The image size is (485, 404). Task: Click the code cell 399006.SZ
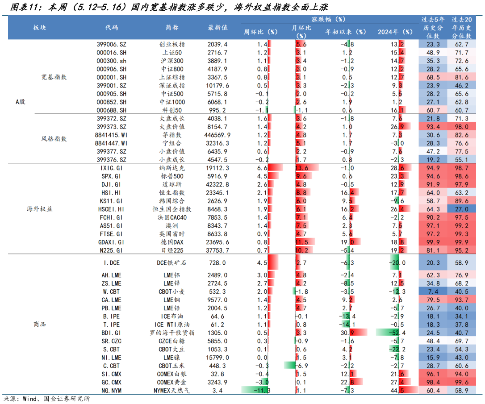(112, 44)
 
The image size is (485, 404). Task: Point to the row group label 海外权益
(40, 209)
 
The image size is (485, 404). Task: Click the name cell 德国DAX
(172, 242)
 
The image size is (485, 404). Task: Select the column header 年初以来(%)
(346, 32)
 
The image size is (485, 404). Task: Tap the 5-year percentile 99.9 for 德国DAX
(433, 242)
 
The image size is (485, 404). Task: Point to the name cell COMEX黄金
(172, 382)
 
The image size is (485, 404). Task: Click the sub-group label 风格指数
(54, 139)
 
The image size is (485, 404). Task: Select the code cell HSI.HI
(112, 192)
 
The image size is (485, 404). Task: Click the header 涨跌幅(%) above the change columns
(328, 19)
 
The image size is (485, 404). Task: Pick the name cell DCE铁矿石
(172, 263)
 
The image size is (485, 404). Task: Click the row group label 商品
(40, 324)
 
